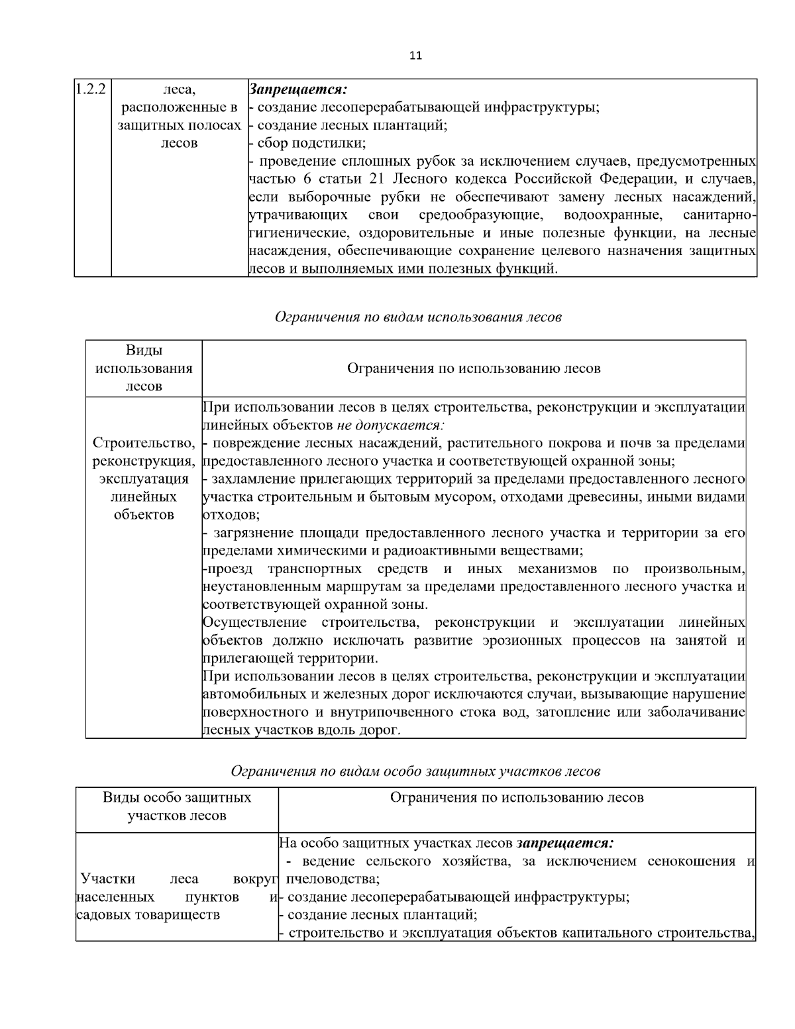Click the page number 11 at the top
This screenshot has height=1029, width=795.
point(415,56)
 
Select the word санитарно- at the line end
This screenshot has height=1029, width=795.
point(719,215)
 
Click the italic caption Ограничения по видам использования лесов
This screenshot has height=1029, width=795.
point(418,317)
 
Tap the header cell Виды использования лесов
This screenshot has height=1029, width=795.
point(144,368)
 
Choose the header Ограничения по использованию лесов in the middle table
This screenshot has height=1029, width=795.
point(474,368)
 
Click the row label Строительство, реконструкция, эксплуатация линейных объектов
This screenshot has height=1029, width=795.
point(144,478)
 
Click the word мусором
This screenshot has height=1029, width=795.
point(423,497)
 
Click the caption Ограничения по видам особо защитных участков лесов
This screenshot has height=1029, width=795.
point(415,771)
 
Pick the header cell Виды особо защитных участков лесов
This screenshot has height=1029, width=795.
point(177,806)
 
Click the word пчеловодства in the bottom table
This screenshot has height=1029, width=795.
point(333,879)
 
